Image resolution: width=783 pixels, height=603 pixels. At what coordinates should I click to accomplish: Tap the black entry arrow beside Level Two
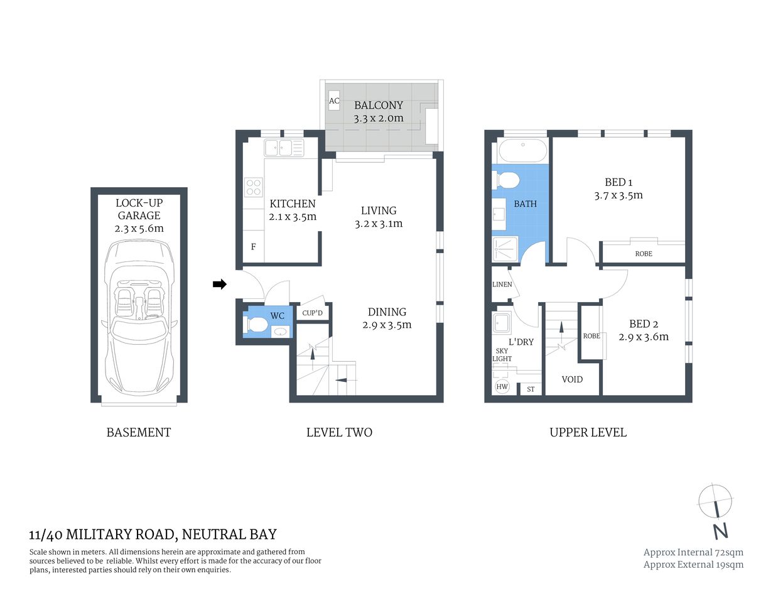(x=219, y=285)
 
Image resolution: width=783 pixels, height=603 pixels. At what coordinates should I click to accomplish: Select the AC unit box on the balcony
(x=334, y=101)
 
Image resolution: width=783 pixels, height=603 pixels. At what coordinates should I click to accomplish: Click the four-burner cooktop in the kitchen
(x=254, y=188)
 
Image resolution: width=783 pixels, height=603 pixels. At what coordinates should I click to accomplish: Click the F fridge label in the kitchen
(x=254, y=247)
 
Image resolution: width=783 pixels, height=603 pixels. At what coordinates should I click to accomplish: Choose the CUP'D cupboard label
(x=312, y=313)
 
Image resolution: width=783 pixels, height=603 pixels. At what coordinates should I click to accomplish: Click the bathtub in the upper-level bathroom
(x=522, y=151)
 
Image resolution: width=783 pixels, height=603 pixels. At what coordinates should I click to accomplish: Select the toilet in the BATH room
(x=507, y=181)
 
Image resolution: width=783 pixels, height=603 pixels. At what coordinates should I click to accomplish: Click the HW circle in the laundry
(x=502, y=387)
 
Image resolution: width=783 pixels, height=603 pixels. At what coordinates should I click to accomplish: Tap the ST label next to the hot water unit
(x=531, y=389)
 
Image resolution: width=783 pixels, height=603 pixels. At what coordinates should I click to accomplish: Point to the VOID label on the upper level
(x=572, y=379)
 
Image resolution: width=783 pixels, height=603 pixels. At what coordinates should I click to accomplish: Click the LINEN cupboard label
(x=502, y=285)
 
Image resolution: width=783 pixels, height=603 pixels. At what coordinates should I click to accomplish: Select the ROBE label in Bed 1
(x=644, y=254)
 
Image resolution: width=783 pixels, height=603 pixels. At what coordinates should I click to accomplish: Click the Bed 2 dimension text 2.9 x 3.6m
(x=644, y=337)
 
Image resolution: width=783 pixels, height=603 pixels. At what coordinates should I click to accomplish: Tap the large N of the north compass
(x=720, y=531)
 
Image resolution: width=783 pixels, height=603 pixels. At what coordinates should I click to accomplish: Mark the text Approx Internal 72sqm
(x=693, y=552)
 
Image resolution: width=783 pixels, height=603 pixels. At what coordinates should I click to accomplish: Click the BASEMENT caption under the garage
(x=139, y=432)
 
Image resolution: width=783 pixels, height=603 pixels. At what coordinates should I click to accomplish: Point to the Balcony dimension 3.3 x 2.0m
(x=379, y=118)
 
